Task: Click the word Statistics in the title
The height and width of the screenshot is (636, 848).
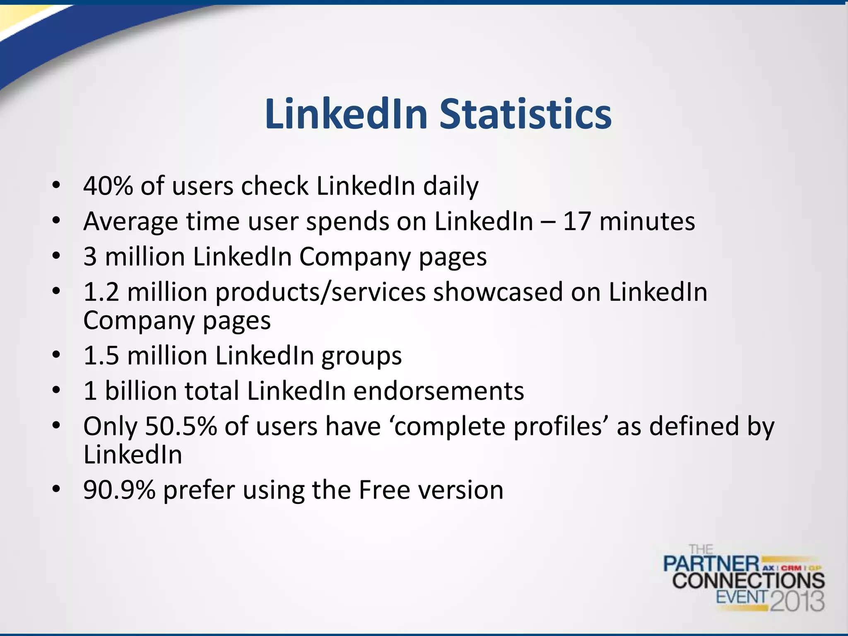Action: click(x=525, y=114)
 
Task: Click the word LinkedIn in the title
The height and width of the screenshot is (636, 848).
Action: click(x=346, y=114)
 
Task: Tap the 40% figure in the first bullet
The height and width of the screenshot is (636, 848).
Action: click(x=108, y=186)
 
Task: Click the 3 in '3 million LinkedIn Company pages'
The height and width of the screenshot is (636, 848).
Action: click(x=90, y=257)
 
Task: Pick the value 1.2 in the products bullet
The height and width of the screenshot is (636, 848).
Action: click(x=101, y=292)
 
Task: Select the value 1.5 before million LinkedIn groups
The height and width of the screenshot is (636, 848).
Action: click(x=101, y=356)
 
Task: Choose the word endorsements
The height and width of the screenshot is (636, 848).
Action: click(x=439, y=391)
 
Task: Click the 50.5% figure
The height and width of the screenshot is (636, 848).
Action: click(x=181, y=426)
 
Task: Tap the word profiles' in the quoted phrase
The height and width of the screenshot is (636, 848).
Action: click(x=561, y=427)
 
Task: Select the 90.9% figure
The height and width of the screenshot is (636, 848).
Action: click(x=119, y=490)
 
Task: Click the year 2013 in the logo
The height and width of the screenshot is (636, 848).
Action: click(x=797, y=601)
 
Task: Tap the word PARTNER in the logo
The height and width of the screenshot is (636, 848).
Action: click(x=711, y=564)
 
